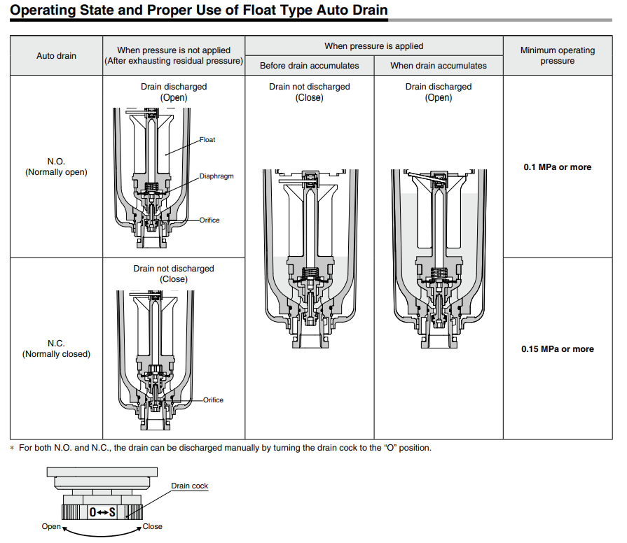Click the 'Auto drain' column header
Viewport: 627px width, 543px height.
[x=56, y=56]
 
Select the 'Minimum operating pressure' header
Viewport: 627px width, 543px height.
[x=558, y=55]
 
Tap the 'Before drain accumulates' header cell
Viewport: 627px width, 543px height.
[x=310, y=66]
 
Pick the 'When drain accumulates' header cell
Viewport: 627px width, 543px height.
[x=439, y=66]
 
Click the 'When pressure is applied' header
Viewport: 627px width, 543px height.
[x=374, y=46]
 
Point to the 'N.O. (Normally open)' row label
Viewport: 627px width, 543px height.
[x=56, y=167]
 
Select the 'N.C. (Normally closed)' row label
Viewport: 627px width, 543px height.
[x=56, y=348]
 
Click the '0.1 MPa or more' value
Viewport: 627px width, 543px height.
[x=558, y=167]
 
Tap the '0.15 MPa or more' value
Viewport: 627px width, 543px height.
[x=558, y=349]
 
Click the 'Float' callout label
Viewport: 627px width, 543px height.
[x=207, y=140]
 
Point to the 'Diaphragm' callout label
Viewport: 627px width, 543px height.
[x=216, y=176]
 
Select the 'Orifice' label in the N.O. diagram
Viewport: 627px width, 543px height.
[x=209, y=220]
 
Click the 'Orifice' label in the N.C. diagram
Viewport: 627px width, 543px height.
[x=213, y=400]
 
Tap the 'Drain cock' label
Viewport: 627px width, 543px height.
[x=190, y=486]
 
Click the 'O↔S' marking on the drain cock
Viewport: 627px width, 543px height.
[x=102, y=512]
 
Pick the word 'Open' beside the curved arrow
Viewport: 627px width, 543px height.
[x=51, y=527]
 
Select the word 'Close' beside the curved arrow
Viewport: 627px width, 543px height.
[x=152, y=527]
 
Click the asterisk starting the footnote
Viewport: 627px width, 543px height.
[x=12, y=449]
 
